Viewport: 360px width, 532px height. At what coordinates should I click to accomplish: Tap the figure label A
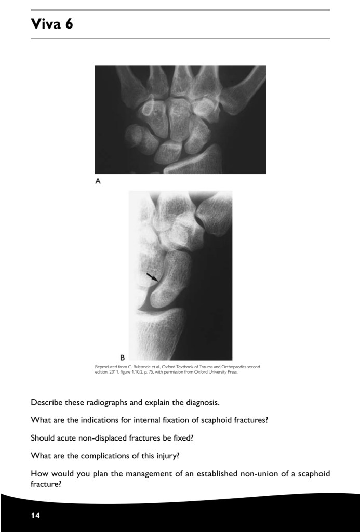pos(98,181)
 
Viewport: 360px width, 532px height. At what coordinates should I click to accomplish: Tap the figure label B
pos(122,357)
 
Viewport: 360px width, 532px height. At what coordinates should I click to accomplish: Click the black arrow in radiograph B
pos(153,277)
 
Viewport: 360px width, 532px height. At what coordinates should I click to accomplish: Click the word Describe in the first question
pos(47,402)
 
